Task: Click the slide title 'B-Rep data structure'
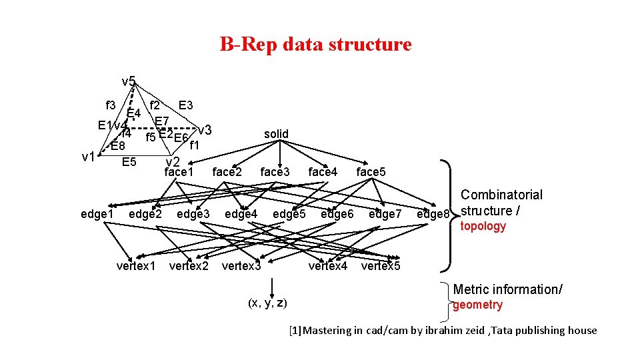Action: tap(315, 45)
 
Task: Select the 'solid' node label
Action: tap(276, 134)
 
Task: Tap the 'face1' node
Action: tap(179, 172)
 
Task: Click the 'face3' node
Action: tap(275, 172)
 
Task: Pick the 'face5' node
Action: tap(371, 172)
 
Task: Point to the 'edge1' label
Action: tap(97, 214)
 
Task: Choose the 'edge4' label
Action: tap(241, 214)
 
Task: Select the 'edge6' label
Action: tap(337, 214)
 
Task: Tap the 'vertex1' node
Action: tap(136, 266)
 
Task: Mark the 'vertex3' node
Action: tap(241, 266)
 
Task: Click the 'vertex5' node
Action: tap(381, 266)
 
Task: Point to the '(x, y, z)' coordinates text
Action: tap(267, 303)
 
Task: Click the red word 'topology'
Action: tap(483, 226)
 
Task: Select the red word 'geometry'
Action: tap(477, 305)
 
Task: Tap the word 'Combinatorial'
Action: tap(501, 195)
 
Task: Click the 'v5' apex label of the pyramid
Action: tap(129, 82)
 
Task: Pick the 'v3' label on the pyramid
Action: tap(205, 129)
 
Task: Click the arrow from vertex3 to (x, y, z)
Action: tap(271, 285)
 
